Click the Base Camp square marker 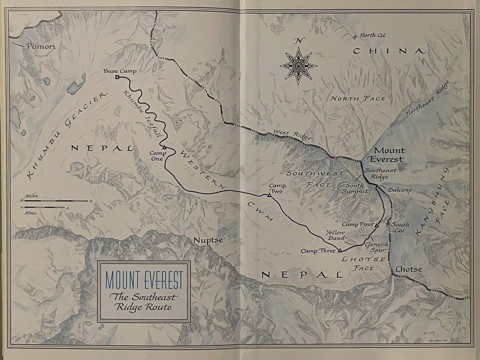click(117, 78)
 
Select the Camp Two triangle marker click(269, 195)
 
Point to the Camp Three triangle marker click(339, 249)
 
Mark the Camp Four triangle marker click(376, 225)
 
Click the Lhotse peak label click(408, 269)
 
